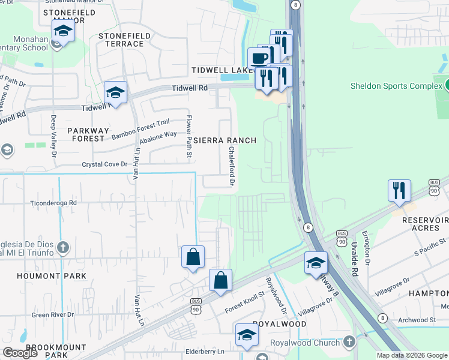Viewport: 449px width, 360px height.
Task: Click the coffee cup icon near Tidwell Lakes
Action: [x=259, y=59]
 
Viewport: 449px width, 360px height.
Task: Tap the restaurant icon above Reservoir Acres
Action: [x=399, y=191]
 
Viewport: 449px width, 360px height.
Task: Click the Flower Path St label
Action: [x=188, y=137]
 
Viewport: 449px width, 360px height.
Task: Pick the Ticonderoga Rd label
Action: [x=55, y=203]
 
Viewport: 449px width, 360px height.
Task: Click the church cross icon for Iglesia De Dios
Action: [x=64, y=247]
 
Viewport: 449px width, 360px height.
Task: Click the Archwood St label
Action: [x=416, y=320]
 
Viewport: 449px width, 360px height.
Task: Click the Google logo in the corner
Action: [x=20, y=353]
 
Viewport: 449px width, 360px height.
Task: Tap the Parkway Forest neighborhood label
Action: [x=88, y=134]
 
